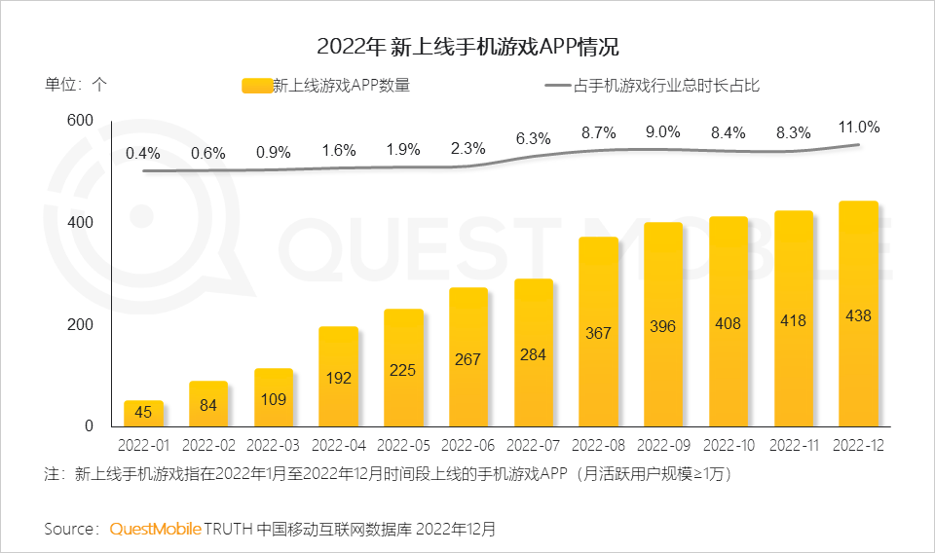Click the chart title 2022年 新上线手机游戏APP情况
click(x=467, y=47)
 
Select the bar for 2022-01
click(x=143, y=413)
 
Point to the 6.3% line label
click(x=533, y=138)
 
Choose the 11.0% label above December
click(x=858, y=127)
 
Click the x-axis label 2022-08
click(x=598, y=446)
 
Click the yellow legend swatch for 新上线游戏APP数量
click(x=255, y=86)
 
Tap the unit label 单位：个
click(x=76, y=84)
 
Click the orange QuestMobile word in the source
click(x=156, y=529)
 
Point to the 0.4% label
click(x=143, y=153)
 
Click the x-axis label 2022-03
click(x=273, y=446)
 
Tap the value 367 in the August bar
click(x=598, y=333)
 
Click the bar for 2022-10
click(x=728, y=321)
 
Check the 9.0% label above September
click(x=663, y=132)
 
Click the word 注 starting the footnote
click(x=53, y=475)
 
